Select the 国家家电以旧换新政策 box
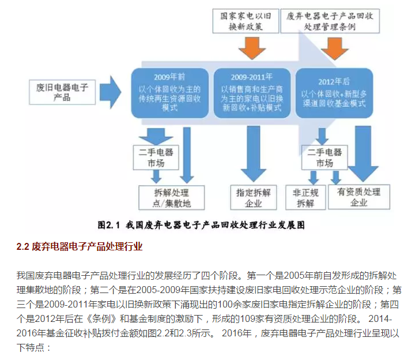pos(246,20)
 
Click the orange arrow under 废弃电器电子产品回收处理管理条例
pos(336,47)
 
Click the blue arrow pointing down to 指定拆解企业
pos(253,155)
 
